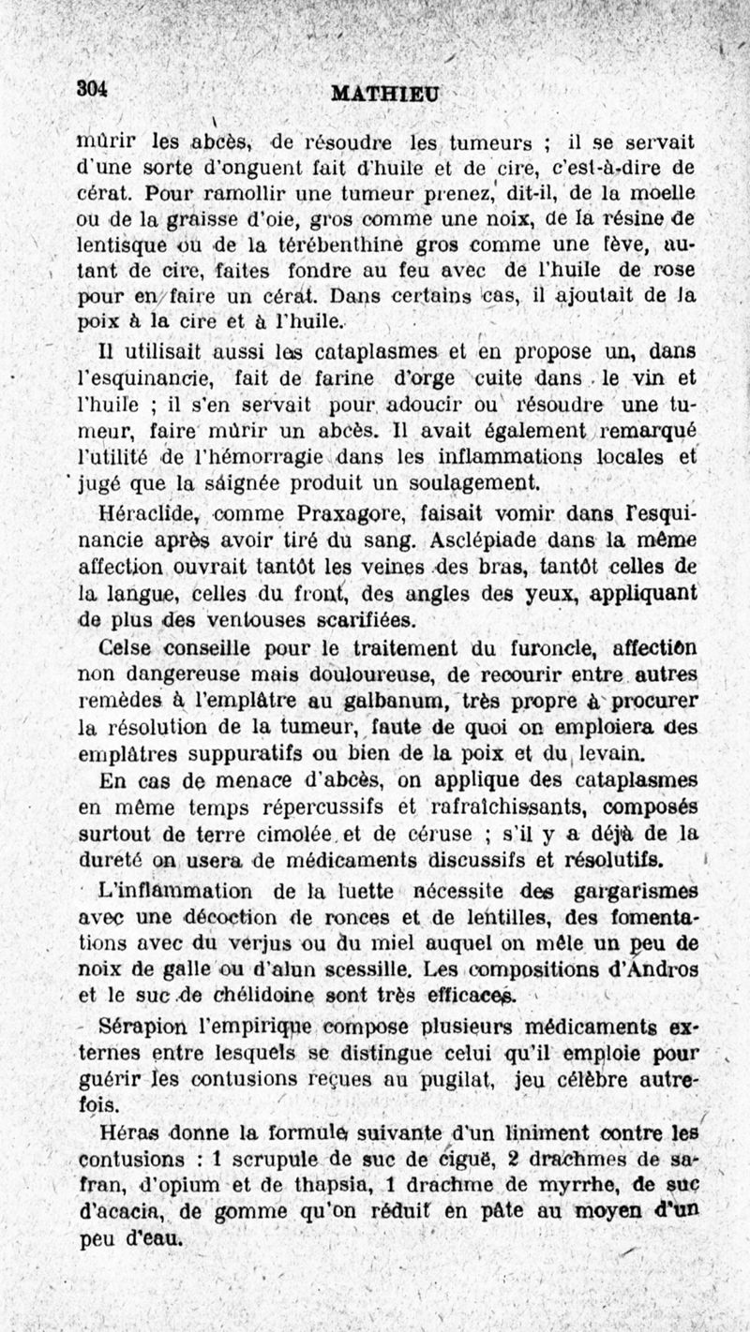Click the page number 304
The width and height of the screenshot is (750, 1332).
(93, 87)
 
